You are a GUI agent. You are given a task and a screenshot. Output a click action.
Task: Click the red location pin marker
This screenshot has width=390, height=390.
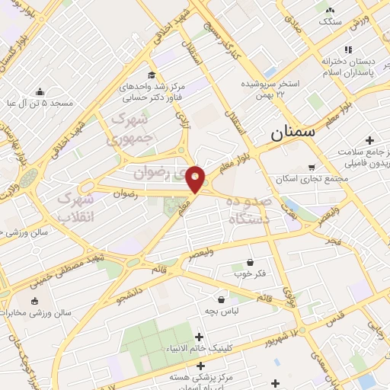point(195,178)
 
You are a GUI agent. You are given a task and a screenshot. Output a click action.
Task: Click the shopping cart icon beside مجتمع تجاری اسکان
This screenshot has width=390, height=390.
point(311,168)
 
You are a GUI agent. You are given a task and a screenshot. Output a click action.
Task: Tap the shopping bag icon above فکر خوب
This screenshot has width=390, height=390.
point(250,263)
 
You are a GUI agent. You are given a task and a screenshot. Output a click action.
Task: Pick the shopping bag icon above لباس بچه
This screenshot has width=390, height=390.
point(221,299)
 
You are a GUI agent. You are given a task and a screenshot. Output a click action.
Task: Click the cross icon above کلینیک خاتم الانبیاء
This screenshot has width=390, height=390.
point(200,337)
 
